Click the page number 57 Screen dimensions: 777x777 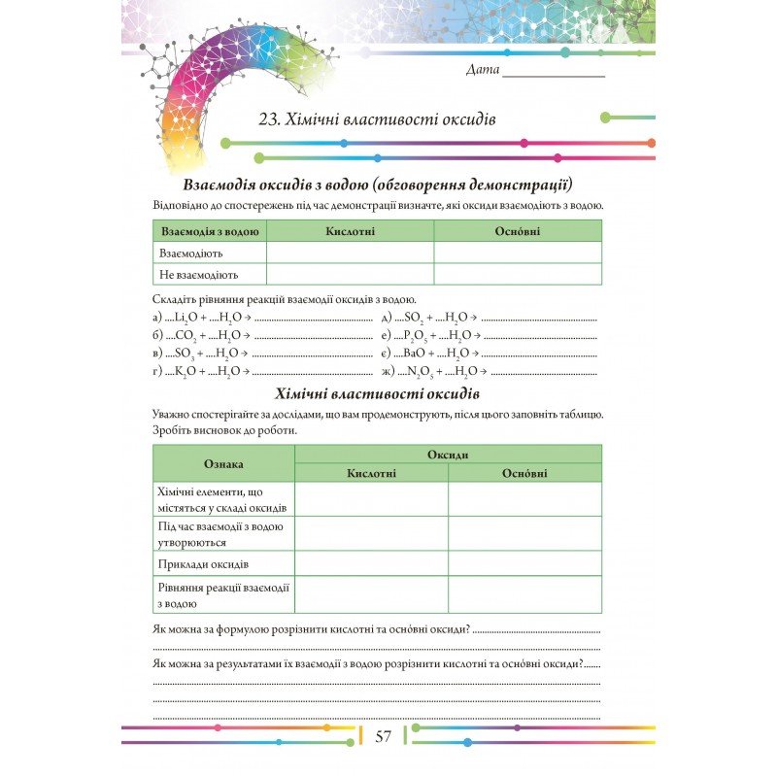[x=383, y=736]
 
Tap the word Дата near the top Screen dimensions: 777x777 [x=483, y=70]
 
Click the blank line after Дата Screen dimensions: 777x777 [x=554, y=73]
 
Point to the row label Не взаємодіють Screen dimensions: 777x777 [x=199, y=275]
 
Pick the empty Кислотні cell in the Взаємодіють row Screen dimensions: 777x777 [x=350, y=253]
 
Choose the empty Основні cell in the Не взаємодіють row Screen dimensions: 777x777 [x=518, y=275]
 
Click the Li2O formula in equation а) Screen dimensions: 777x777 [x=187, y=318]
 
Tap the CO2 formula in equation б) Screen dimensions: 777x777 [x=186, y=336]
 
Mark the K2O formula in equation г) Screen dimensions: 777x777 [x=187, y=371]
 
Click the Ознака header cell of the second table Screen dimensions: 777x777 [x=224, y=463]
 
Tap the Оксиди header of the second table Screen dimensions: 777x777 [x=448, y=455]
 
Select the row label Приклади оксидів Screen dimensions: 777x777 [x=203, y=563]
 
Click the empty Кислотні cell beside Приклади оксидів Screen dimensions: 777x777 [x=371, y=563]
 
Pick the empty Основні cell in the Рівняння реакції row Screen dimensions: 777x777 [x=524, y=594]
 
